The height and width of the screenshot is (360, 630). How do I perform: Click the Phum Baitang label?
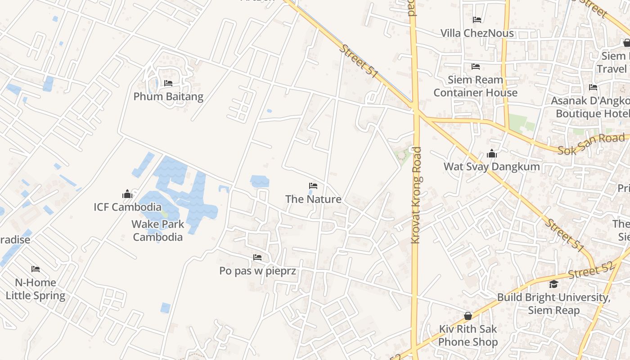point(168,96)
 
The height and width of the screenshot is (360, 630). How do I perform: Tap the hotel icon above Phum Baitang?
point(168,83)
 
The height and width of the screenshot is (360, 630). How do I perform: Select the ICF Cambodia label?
point(127,207)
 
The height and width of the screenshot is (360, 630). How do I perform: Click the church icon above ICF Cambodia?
point(127,194)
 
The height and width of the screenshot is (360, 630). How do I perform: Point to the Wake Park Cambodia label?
point(157,230)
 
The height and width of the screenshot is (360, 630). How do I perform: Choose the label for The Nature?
point(313,199)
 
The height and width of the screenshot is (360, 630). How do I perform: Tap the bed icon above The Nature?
point(313,186)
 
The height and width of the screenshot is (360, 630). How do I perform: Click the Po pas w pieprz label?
point(257,270)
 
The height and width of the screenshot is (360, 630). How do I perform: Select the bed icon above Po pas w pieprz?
point(257,257)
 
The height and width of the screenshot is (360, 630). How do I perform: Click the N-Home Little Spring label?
point(36,289)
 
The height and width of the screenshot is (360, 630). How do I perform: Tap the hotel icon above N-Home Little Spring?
point(36,269)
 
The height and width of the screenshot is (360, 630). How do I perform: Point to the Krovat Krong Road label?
point(417,195)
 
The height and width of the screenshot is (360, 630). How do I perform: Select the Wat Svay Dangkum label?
point(491,166)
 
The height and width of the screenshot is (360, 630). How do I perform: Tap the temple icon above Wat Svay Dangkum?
point(491,153)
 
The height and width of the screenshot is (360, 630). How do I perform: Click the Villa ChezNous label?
point(477,33)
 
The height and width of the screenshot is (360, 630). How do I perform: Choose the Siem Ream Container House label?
point(476,86)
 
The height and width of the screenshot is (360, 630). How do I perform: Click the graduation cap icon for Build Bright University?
point(553,284)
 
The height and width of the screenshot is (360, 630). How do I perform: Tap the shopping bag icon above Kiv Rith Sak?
point(468,316)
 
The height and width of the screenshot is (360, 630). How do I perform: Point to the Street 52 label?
point(590,270)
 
